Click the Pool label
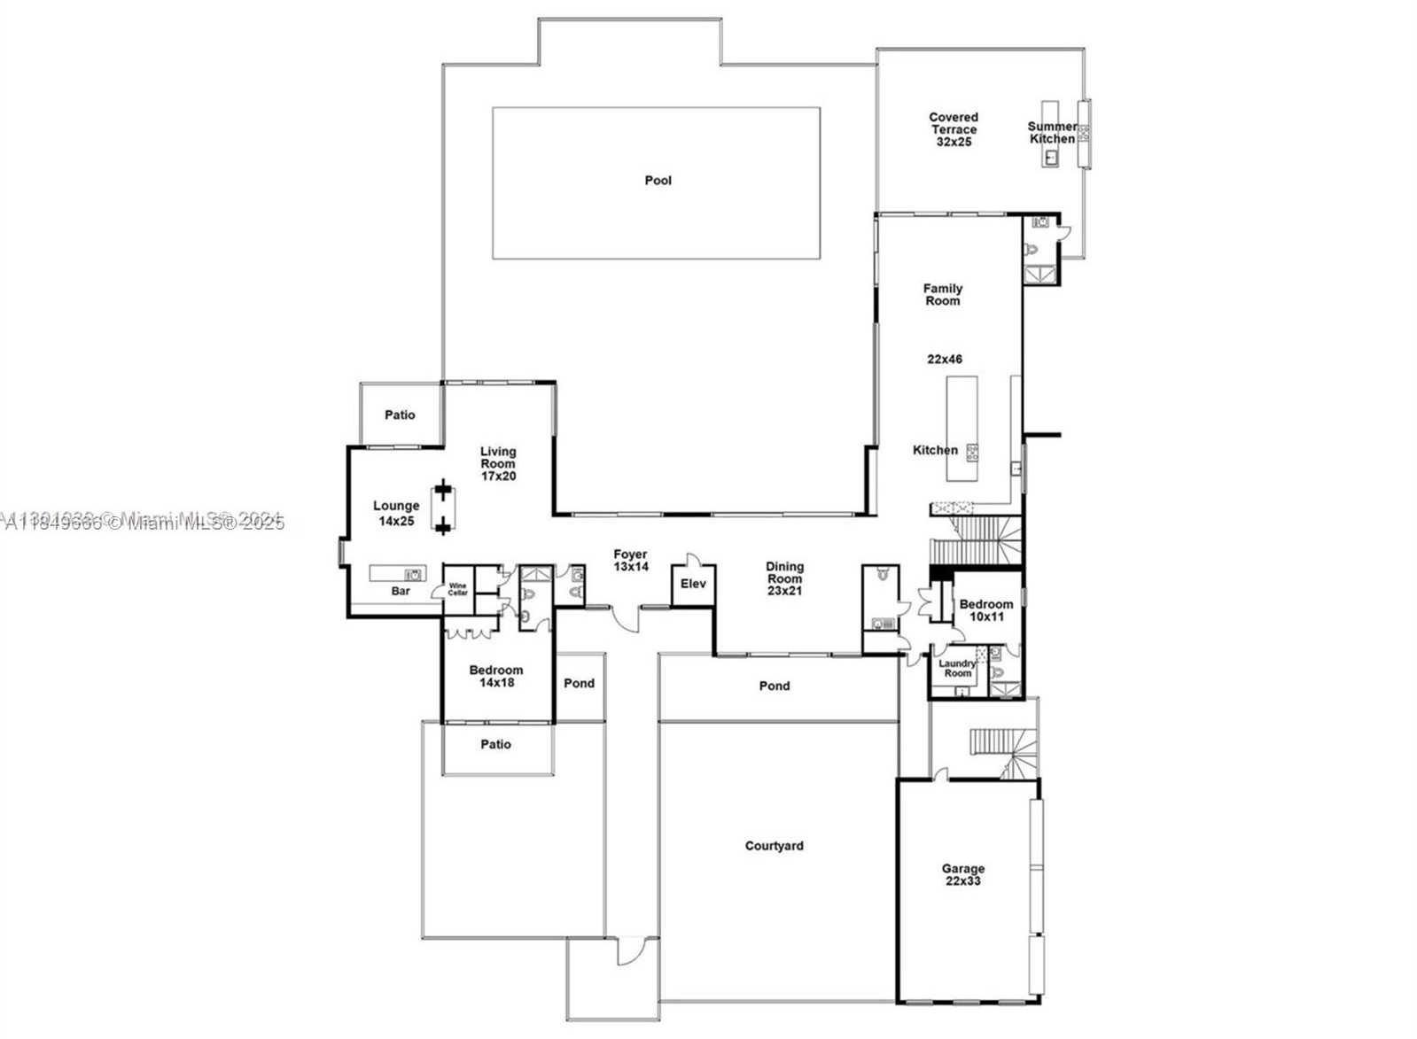pos(658,181)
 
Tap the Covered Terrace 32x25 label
pos(954,129)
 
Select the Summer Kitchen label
pos(1052,133)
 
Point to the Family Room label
pos(942,295)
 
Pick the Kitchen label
pos(935,450)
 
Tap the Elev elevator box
pos(693,585)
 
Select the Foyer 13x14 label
pos(630,561)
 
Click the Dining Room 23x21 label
pos(784,578)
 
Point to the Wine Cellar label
pos(457,589)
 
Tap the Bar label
pos(401,591)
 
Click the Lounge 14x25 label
pos(396,514)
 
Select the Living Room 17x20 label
pos(498,464)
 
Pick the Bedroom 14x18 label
pos(495,677)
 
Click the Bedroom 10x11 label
pos(985,611)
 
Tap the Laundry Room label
pos(957,669)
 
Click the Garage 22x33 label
pos(962,875)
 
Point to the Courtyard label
pos(774,847)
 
